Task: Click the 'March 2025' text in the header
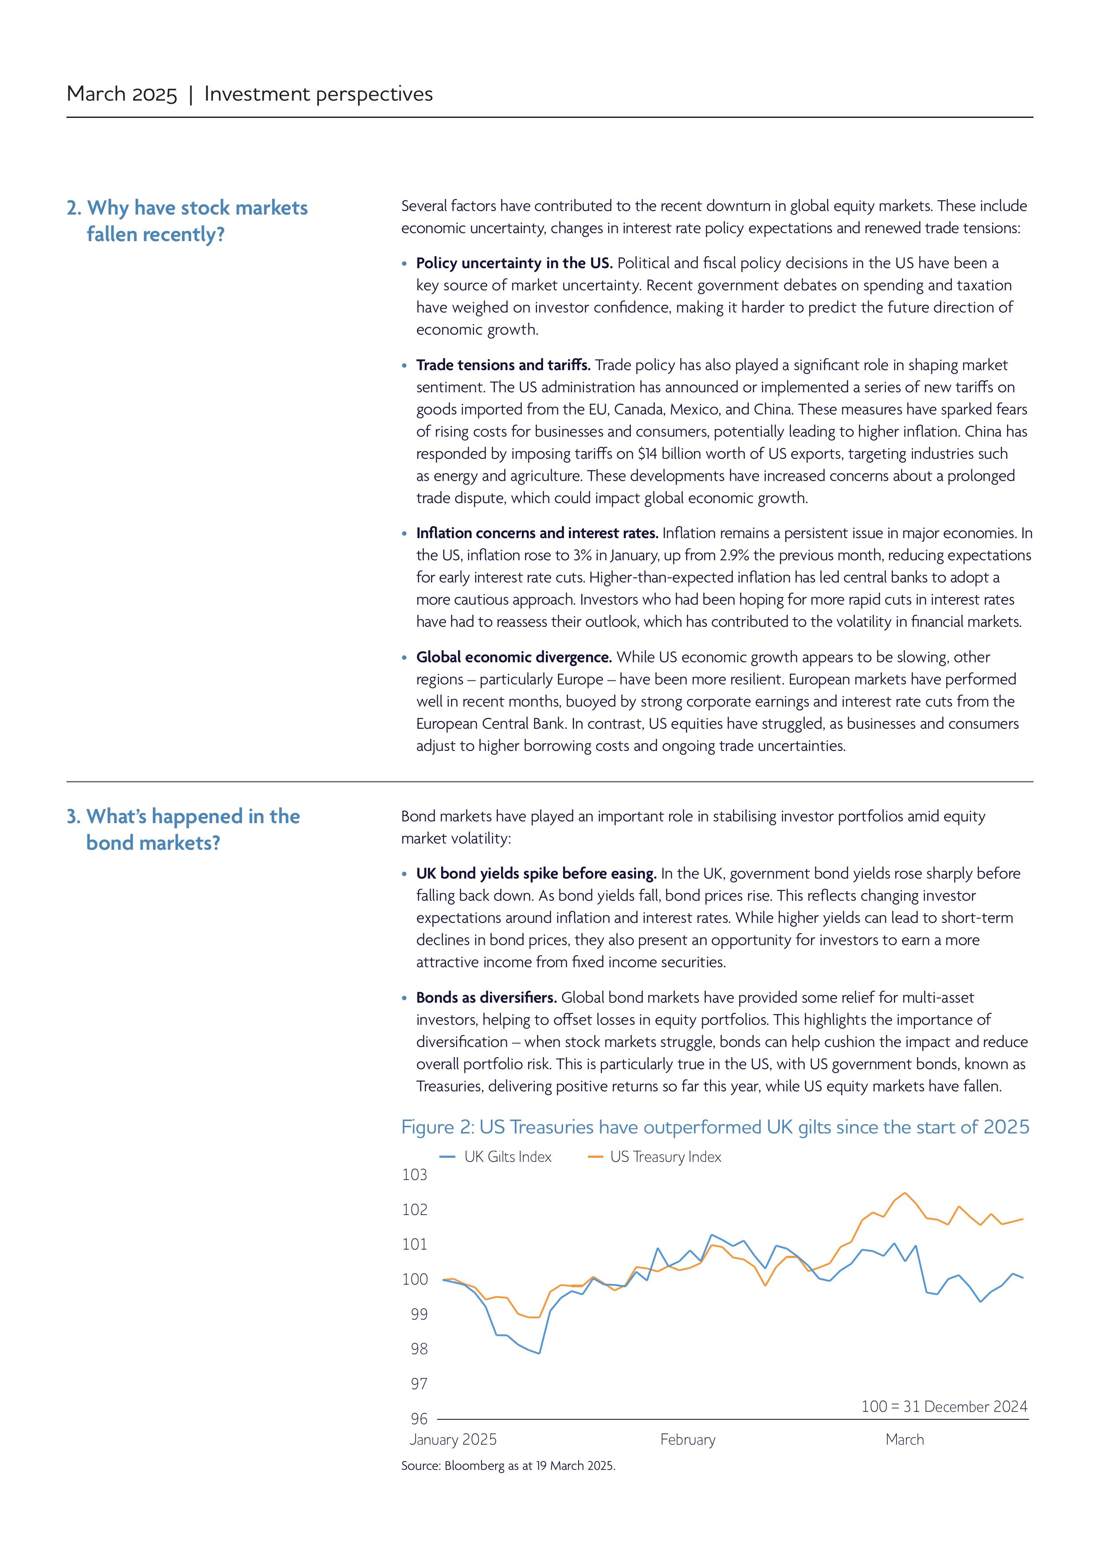[122, 94]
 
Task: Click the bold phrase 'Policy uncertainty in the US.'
[514, 263]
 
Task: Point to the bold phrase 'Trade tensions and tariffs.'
[503, 365]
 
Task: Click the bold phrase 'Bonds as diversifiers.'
[486, 998]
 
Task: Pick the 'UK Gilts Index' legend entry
[507, 1157]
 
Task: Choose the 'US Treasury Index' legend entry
[665, 1157]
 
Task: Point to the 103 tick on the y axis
[415, 1175]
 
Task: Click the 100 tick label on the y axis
[415, 1279]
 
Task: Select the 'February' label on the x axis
[688, 1440]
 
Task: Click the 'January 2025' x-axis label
[453, 1440]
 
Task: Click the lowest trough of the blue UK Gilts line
[539, 1353]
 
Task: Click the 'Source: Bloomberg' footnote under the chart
[508, 1465]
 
